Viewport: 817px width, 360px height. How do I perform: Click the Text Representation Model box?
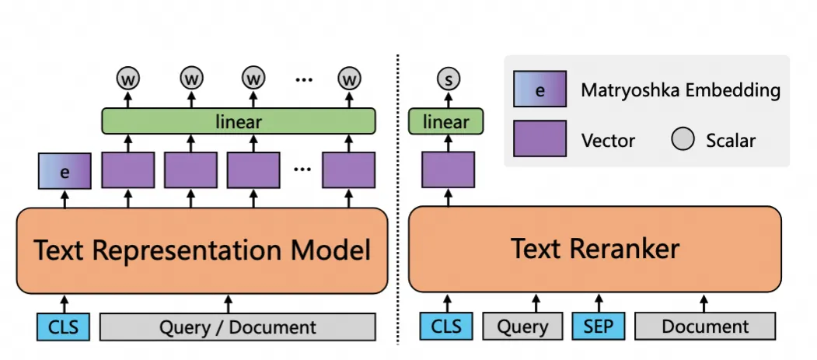coord(202,250)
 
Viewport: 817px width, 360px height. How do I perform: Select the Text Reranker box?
coord(595,249)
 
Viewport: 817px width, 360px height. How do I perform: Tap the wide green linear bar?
coord(239,121)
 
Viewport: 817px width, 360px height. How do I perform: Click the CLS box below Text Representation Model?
coord(63,327)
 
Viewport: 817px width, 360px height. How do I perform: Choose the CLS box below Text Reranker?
coord(446,326)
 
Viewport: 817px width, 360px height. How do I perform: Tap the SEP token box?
coord(598,326)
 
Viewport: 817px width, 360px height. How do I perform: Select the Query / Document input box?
coord(238,327)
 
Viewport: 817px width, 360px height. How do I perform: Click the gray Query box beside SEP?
coord(522,326)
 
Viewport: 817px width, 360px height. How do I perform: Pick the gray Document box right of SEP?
coord(705,326)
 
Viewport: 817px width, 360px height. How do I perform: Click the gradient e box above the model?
coord(65,171)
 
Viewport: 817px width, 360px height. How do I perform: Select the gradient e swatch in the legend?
coord(539,89)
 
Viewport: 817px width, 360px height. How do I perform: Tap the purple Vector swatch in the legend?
coord(539,138)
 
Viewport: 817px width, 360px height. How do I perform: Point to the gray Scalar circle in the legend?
coord(683,139)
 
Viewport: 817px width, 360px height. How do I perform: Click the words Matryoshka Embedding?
coord(680,90)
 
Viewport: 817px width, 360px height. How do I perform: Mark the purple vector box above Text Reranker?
coord(448,170)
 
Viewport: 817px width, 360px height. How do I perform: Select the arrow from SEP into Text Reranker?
coord(599,302)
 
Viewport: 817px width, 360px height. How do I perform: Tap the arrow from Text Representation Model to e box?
coord(65,198)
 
